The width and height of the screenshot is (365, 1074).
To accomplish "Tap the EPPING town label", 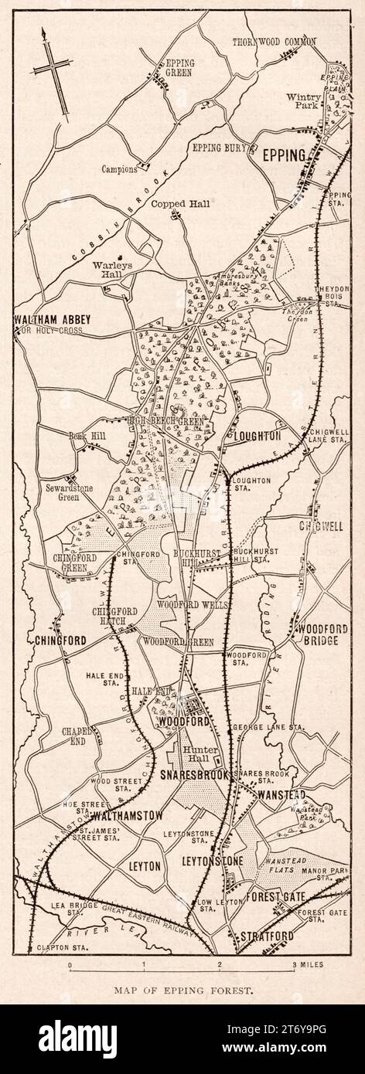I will click(284, 155).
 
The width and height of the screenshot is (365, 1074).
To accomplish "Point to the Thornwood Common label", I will click(275, 41).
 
